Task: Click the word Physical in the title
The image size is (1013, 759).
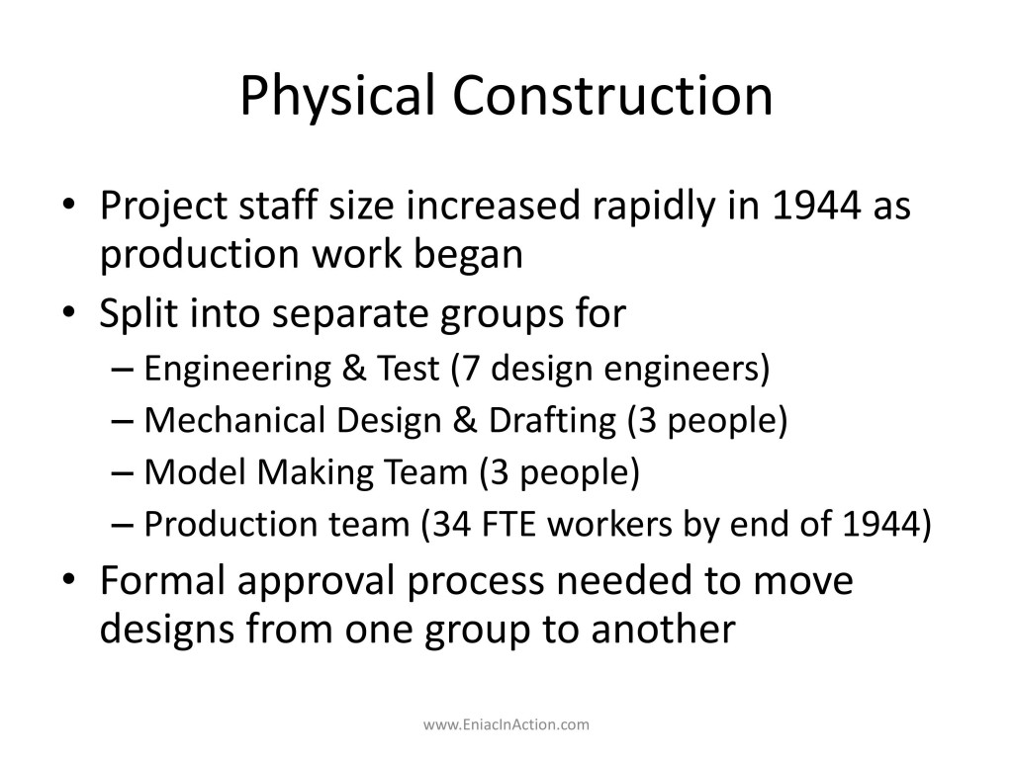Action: coord(337,96)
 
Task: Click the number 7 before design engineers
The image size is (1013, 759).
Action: coord(471,369)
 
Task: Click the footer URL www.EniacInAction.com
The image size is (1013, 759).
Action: coord(506,724)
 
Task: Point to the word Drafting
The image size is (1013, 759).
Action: coord(552,421)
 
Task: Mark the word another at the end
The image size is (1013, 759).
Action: coord(664,629)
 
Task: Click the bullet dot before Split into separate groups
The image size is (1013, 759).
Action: coord(69,312)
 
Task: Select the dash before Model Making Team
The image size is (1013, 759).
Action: coord(122,473)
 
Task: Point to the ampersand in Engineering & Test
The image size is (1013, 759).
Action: coord(353,369)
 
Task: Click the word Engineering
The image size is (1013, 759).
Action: coord(237,370)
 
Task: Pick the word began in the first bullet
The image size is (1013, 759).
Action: coord(468,255)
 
